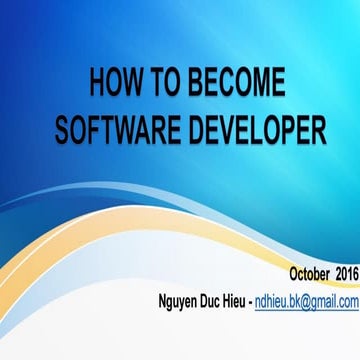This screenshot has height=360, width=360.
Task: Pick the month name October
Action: coord(288,273)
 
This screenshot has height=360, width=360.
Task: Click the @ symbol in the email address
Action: coord(316,300)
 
